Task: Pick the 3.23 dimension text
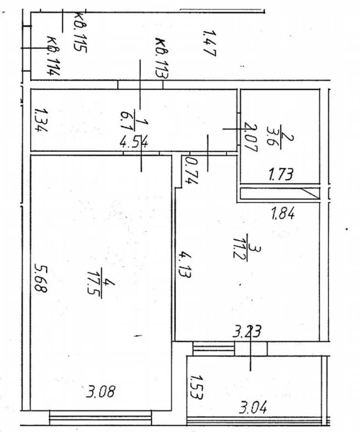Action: click(247, 331)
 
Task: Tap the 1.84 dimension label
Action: click(282, 213)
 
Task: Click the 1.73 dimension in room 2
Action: click(281, 174)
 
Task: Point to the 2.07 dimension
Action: click(251, 138)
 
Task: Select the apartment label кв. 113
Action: click(162, 58)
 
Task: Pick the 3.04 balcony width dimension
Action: click(253, 408)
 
